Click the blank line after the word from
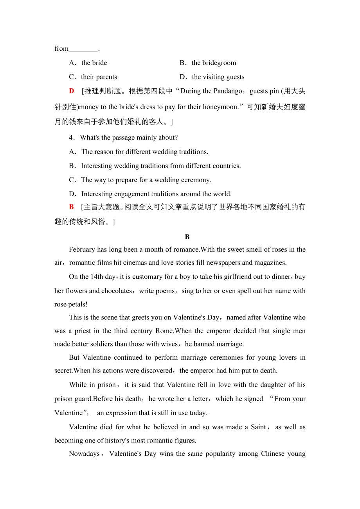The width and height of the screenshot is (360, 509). (x=83, y=49)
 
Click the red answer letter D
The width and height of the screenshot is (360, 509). (x=72, y=91)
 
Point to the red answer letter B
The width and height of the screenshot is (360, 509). (x=71, y=207)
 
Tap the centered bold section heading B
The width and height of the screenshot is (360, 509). (x=187, y=237)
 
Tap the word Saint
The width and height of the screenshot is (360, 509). (x=258, y=427)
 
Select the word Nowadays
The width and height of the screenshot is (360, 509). (x=84, y=454)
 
